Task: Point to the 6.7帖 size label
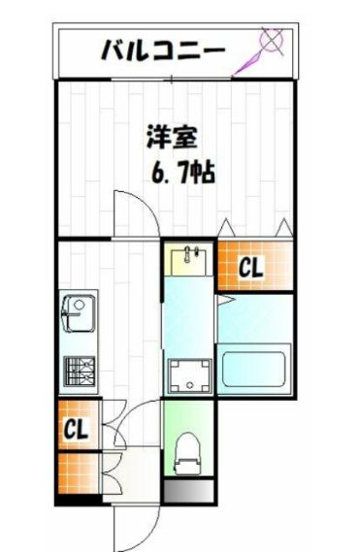coord(182,174)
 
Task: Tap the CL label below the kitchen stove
coord(77,427)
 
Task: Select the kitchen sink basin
coord(76,313)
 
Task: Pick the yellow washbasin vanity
coord(187,262)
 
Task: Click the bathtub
coord(251,370)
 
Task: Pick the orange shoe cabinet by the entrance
coord(77,474)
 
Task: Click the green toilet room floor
coord(188,417)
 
